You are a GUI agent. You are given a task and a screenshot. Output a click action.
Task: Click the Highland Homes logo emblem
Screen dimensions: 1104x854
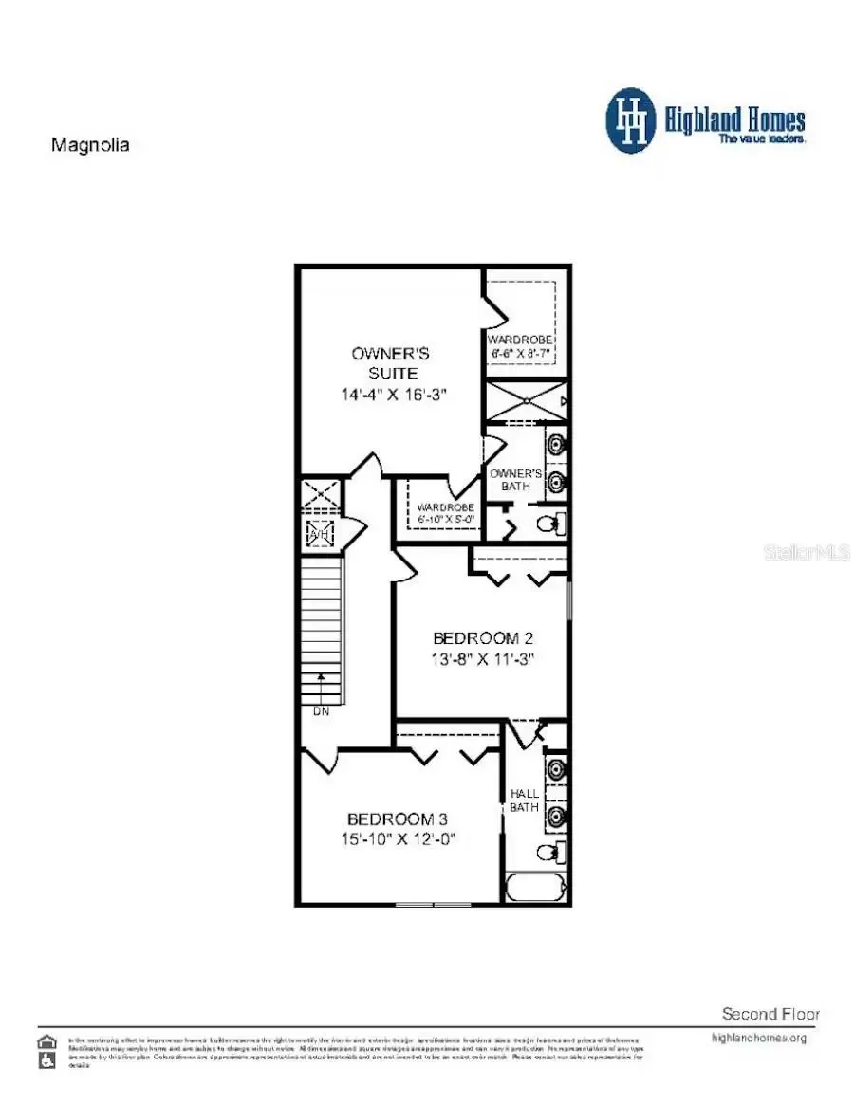632,120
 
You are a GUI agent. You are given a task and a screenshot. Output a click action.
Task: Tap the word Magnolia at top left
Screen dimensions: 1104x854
89,145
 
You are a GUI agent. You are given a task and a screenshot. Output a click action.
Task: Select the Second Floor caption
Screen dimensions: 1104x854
770,1014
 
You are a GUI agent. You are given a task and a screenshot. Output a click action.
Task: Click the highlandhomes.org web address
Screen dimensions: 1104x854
758,1038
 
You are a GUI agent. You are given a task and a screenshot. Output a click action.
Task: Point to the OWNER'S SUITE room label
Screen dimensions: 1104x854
390,363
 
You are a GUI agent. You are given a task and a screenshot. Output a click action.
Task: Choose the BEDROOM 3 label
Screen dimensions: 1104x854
398,819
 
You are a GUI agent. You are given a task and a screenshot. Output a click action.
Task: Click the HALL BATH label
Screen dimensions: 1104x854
525,800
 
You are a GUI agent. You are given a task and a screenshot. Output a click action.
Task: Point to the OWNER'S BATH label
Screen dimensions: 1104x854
515,479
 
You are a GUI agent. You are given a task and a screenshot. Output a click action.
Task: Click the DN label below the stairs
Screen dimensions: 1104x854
321,711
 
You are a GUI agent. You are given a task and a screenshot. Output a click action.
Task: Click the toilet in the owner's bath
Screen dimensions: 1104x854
550,523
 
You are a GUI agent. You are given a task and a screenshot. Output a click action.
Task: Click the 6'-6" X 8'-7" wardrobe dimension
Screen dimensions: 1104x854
520,353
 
